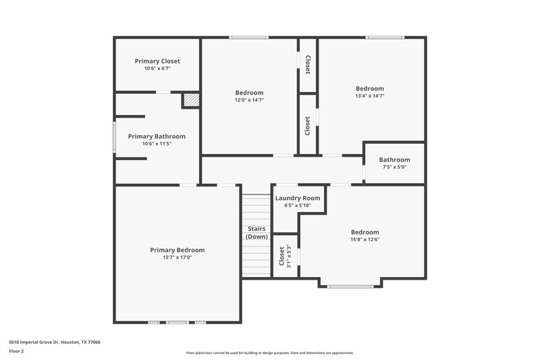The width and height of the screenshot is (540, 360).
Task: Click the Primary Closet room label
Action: tap(157, 61)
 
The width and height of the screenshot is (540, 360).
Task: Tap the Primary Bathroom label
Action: tap(157, 136)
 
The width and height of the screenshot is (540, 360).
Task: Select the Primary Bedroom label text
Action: tap(177, 250)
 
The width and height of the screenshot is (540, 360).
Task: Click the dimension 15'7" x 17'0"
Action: tap(177, 257)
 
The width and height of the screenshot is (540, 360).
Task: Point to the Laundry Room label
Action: tap(298, 198)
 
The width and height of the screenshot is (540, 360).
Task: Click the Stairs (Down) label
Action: tap(256, 232)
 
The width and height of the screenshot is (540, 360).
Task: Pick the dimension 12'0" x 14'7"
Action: tap(249, 100)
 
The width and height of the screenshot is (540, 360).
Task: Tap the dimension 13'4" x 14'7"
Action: tap(370, 96)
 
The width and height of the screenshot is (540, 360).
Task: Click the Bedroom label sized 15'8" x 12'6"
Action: tap(364, 232)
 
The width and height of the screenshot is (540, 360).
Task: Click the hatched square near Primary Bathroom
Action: tap(191, 100)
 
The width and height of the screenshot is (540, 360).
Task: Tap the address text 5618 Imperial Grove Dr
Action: tap(54, 342)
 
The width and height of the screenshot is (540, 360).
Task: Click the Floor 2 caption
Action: tap(16, 351)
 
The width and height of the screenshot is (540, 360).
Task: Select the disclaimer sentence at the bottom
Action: tap(269, 353)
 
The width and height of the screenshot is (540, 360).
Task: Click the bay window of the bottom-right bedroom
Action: tap(350, 287)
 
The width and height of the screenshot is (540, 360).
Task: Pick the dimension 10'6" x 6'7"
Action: tap(157, 68)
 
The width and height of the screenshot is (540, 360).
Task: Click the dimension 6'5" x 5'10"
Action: tap(298, 205)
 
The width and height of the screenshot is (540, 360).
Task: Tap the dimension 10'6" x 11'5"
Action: tap(157, 144)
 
